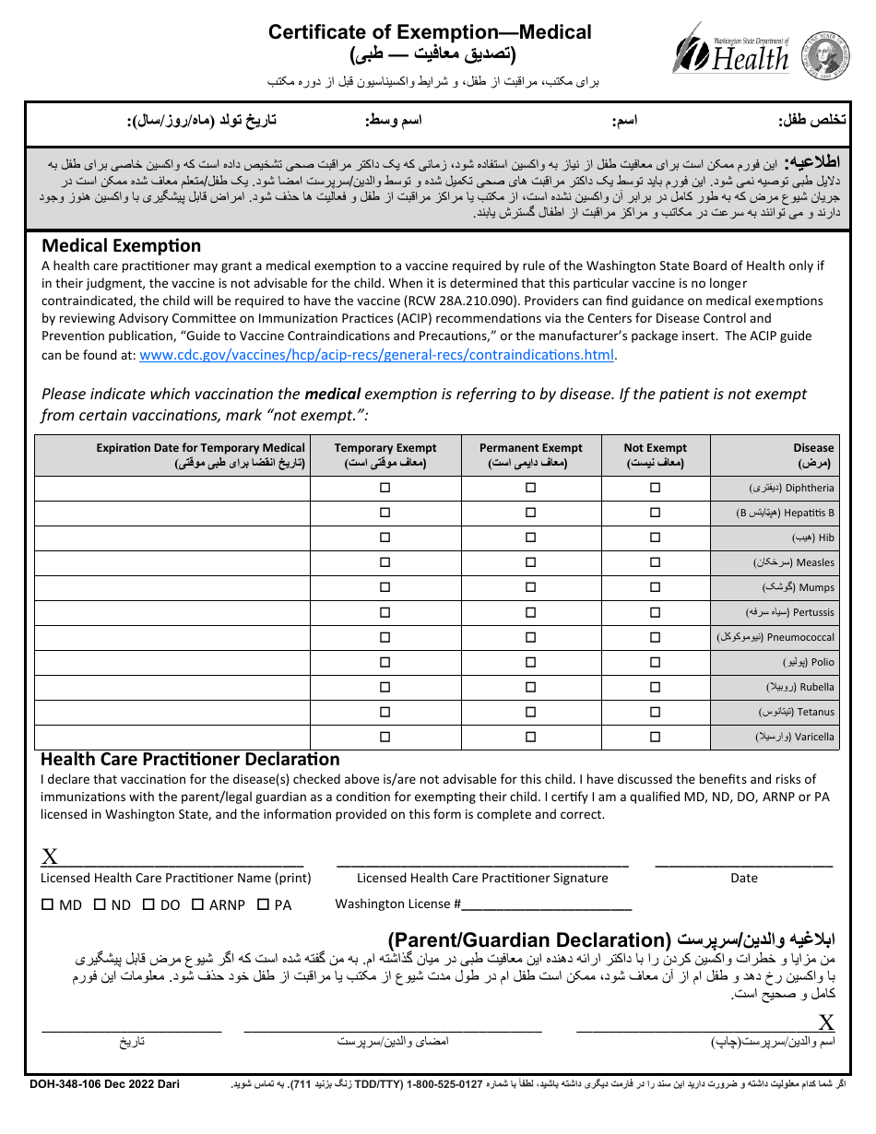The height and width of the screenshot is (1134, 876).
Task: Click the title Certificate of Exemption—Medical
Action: (430, 32)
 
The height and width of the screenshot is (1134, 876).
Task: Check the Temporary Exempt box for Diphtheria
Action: (385, 488)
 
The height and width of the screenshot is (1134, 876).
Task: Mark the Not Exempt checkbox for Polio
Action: (655, 662)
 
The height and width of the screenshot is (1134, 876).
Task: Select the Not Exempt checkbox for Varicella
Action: (655, 737)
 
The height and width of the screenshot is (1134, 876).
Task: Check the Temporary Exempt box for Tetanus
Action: (385, 712)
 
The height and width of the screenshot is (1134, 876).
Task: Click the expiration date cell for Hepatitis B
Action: (173, 513)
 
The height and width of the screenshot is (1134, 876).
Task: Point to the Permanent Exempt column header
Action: (530, 455)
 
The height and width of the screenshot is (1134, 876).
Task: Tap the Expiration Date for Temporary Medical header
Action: (200, 455)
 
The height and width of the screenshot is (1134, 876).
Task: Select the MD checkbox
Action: (47, 904)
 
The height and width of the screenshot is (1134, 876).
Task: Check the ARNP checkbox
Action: (197, 904)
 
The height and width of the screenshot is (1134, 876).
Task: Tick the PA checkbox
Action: (263, 904)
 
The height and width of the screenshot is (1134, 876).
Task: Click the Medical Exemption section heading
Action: (121, 245)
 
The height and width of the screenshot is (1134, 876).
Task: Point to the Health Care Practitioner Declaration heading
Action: (190, 759)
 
